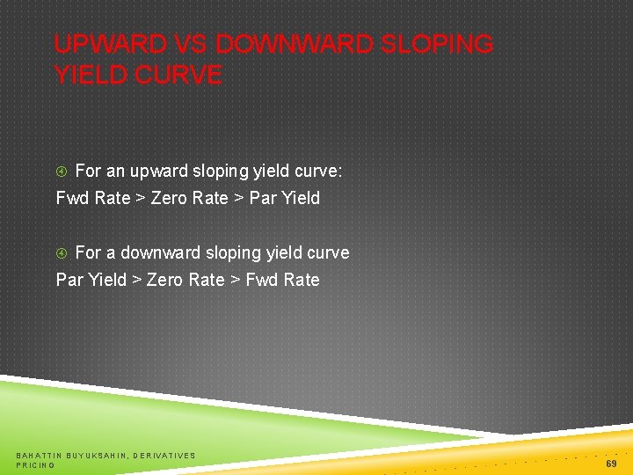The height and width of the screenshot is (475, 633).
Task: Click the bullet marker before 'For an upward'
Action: (x=62, y=172)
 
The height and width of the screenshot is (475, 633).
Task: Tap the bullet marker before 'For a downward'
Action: (x=62, y=253)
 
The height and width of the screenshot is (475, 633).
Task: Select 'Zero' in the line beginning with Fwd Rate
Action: (x=170, y=199)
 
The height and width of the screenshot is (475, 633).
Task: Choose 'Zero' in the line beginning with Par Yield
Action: (x=164, y=281)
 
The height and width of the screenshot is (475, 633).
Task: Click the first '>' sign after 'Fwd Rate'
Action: (x=140, y=199)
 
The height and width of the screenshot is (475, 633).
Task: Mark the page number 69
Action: (x=611, y=462)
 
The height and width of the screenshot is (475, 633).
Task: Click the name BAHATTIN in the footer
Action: (x=38, y=455)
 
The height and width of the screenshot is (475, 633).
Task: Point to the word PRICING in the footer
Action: (x=35, y=464)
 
